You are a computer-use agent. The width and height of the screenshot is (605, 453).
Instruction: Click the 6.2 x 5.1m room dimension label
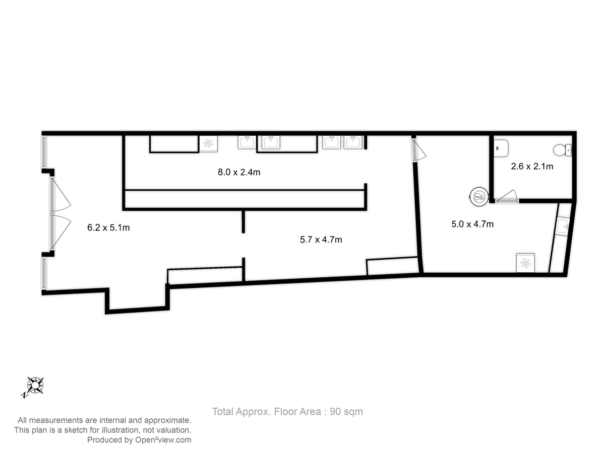tap(108, 228)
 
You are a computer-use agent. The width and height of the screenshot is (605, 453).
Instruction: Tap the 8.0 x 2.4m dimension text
tap(238, 172)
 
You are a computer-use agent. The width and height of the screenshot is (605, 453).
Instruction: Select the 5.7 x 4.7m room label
tap(321, 240)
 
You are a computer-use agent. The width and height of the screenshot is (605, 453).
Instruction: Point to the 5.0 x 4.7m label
tap(472, 224)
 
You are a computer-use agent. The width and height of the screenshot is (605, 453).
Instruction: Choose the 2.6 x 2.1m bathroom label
tap(532, 167)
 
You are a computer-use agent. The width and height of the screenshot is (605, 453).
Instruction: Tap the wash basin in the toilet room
tap(501, 148)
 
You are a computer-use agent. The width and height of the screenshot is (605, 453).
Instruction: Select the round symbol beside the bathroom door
tap(478, 196)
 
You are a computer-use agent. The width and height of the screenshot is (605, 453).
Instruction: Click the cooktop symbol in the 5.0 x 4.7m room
tap(525, 263)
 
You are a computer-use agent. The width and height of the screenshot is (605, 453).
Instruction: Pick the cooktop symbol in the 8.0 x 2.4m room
tap(208, 143)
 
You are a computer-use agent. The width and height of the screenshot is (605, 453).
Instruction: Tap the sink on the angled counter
tap(562, 226)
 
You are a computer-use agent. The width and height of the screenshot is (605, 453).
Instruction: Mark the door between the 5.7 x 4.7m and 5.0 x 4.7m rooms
tap(418, 150)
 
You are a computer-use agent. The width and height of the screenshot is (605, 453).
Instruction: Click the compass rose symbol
tap(35, 385)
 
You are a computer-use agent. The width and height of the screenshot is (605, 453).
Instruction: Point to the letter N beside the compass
tap(24, 395)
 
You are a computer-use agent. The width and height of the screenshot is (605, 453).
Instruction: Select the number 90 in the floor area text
tap(335, 411)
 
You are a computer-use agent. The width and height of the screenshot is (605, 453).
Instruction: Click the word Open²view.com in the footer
tap(163, 440)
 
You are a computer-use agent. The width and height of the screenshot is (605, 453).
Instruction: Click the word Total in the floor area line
tap(222, 411)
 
